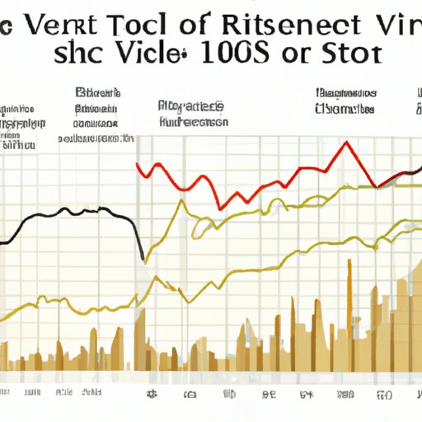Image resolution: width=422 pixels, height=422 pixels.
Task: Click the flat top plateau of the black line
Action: [x=82, y=211]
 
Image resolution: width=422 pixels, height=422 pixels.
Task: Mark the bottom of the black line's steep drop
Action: [x=143, y=257]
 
